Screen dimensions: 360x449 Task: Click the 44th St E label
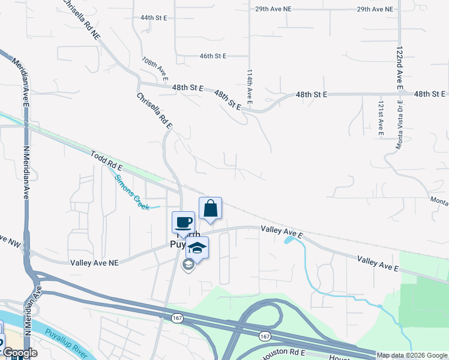click(x=153, y=18)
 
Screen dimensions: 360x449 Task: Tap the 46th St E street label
click(x=213, y=56)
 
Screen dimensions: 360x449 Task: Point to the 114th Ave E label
click(x=250, y=86)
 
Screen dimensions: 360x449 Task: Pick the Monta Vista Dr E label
click(x=398, y=124)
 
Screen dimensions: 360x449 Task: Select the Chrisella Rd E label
click(x=154, y=110)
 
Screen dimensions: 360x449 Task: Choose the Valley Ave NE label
click(x=95, y=262)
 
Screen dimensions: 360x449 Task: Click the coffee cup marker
click(x=184, y=222)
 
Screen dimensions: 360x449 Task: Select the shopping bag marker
click(x=210, y=208)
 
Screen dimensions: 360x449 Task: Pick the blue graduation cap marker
click(x=196, y=247)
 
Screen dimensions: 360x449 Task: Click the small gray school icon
click(x=188, y=265)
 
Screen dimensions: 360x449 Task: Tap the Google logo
click(x=20, y=353)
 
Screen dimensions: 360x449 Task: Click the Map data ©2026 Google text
click(x=412, y=355)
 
